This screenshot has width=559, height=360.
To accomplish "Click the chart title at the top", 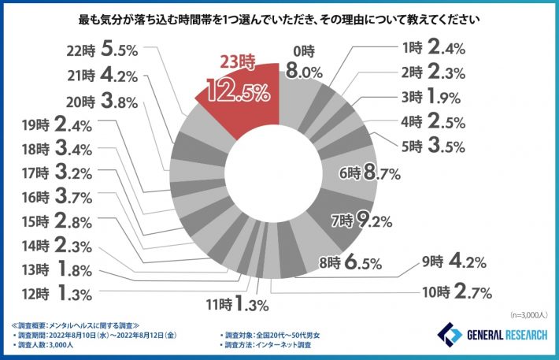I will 280,16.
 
